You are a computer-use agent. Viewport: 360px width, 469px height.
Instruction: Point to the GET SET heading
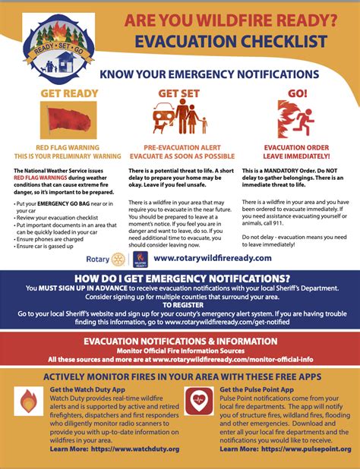coord(179,93)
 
